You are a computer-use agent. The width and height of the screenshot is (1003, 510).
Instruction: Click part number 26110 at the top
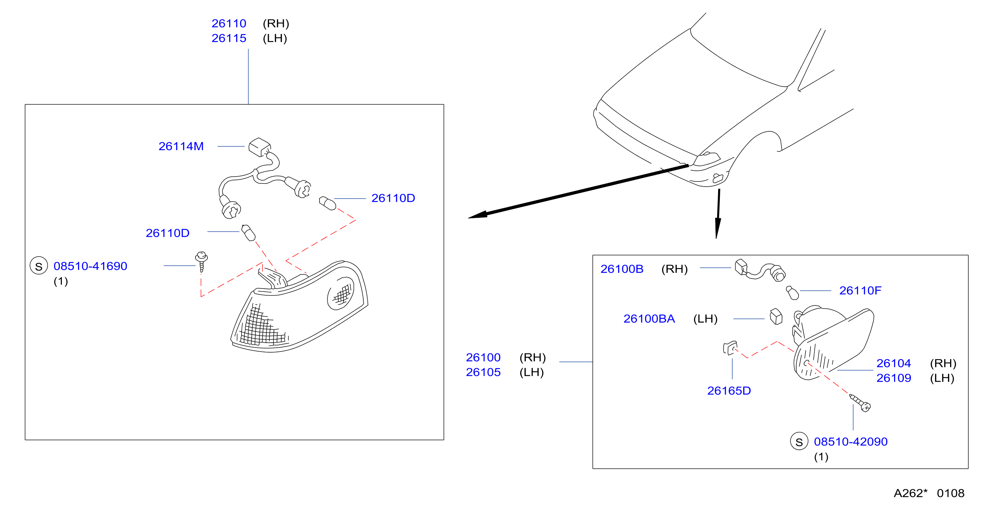click(x=229, y=23)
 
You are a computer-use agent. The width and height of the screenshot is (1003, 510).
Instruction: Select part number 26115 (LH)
click(x=229, y=38)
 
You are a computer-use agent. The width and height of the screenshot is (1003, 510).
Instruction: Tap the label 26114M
click(x=181, y=146)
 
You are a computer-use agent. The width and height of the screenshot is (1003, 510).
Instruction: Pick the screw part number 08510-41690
click(x=90, y=266)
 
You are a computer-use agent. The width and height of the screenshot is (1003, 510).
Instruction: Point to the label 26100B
click(x=622, y=269)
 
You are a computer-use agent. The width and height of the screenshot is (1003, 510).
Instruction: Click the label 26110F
click(x=860, y=290)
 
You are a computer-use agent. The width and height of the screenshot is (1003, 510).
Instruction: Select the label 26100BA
click(x=649, y=319)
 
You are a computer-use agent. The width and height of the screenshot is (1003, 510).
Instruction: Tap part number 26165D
click(x=729, y=390)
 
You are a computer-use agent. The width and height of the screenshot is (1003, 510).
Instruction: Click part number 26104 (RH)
click(x=894, y=363)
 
